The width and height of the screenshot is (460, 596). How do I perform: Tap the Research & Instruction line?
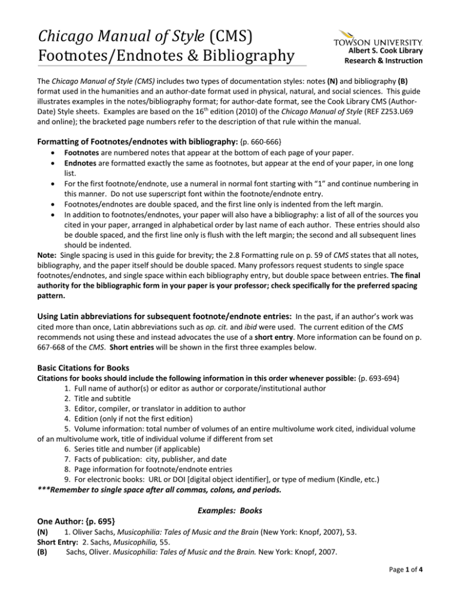pos(388,61)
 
